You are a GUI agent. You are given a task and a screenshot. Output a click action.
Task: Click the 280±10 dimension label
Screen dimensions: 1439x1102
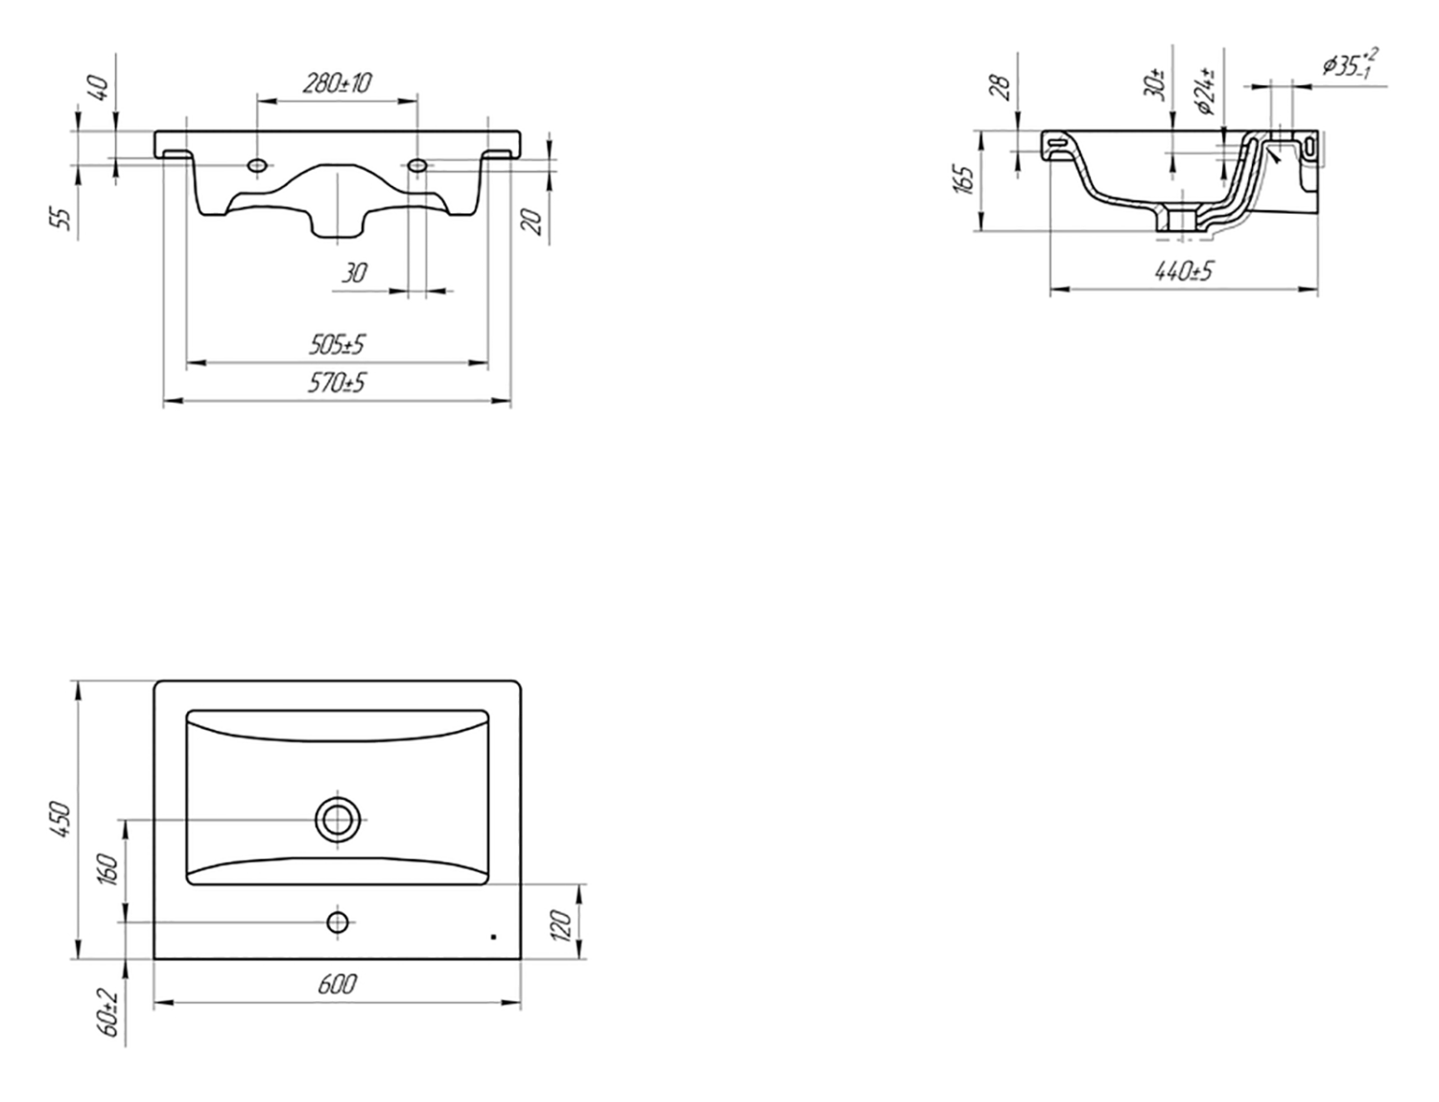click(x=337, y=83)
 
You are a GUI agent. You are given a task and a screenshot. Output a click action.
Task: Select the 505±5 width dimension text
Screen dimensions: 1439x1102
click(x=337, y=345)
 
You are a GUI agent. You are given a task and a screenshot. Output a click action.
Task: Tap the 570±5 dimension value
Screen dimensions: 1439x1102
click(x=337, y=384)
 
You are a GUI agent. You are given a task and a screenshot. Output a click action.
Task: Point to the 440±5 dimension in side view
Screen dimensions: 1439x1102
click(x=1184, y=271)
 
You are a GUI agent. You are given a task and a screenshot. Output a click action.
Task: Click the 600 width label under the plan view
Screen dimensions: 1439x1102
click(x=337, y=984)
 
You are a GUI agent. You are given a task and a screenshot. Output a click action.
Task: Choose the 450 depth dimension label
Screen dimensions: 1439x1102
click(x=60, y=819)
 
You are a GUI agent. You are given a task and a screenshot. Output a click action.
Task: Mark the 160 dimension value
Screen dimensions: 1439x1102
click(x=108, y=870)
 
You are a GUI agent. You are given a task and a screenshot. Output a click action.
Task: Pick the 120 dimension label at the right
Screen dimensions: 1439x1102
click(x=560, y=926)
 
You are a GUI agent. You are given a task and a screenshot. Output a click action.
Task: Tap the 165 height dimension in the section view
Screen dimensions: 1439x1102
click(x=964, y=180)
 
